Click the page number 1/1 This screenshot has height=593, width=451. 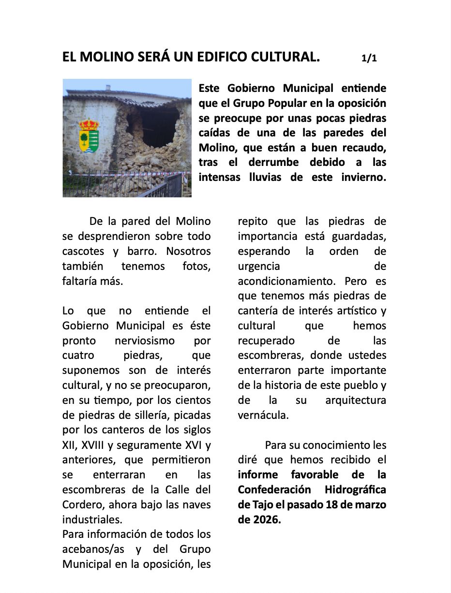(369, 59)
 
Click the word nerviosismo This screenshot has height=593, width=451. (145, 341)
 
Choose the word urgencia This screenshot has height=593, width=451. (259, 266)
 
